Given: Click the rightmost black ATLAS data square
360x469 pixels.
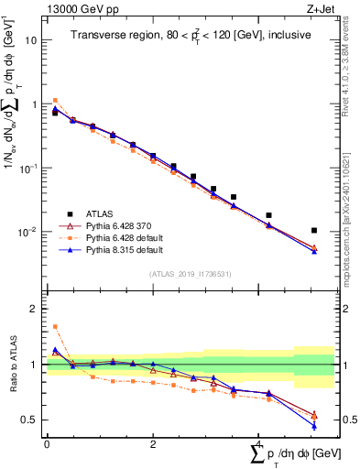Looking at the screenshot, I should tap(314, 231).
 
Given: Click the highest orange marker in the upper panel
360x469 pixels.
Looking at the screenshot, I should tap(55, 101).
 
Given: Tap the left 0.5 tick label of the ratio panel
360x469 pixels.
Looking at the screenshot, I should tap(31, 420).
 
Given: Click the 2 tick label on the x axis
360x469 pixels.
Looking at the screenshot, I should tap(153, 443).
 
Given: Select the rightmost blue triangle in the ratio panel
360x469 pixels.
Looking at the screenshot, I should tap(314, 426).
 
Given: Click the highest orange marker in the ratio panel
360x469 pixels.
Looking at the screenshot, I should tap(55, 326).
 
